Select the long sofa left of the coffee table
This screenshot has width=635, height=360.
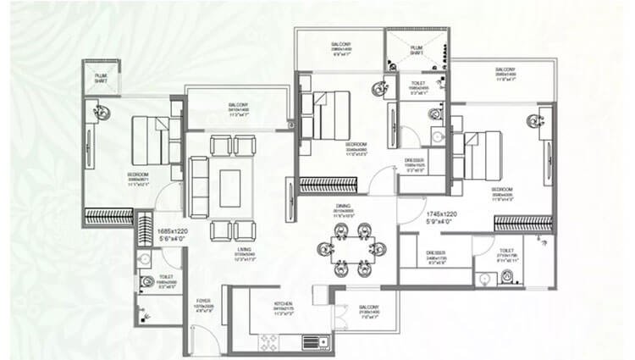198,186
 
